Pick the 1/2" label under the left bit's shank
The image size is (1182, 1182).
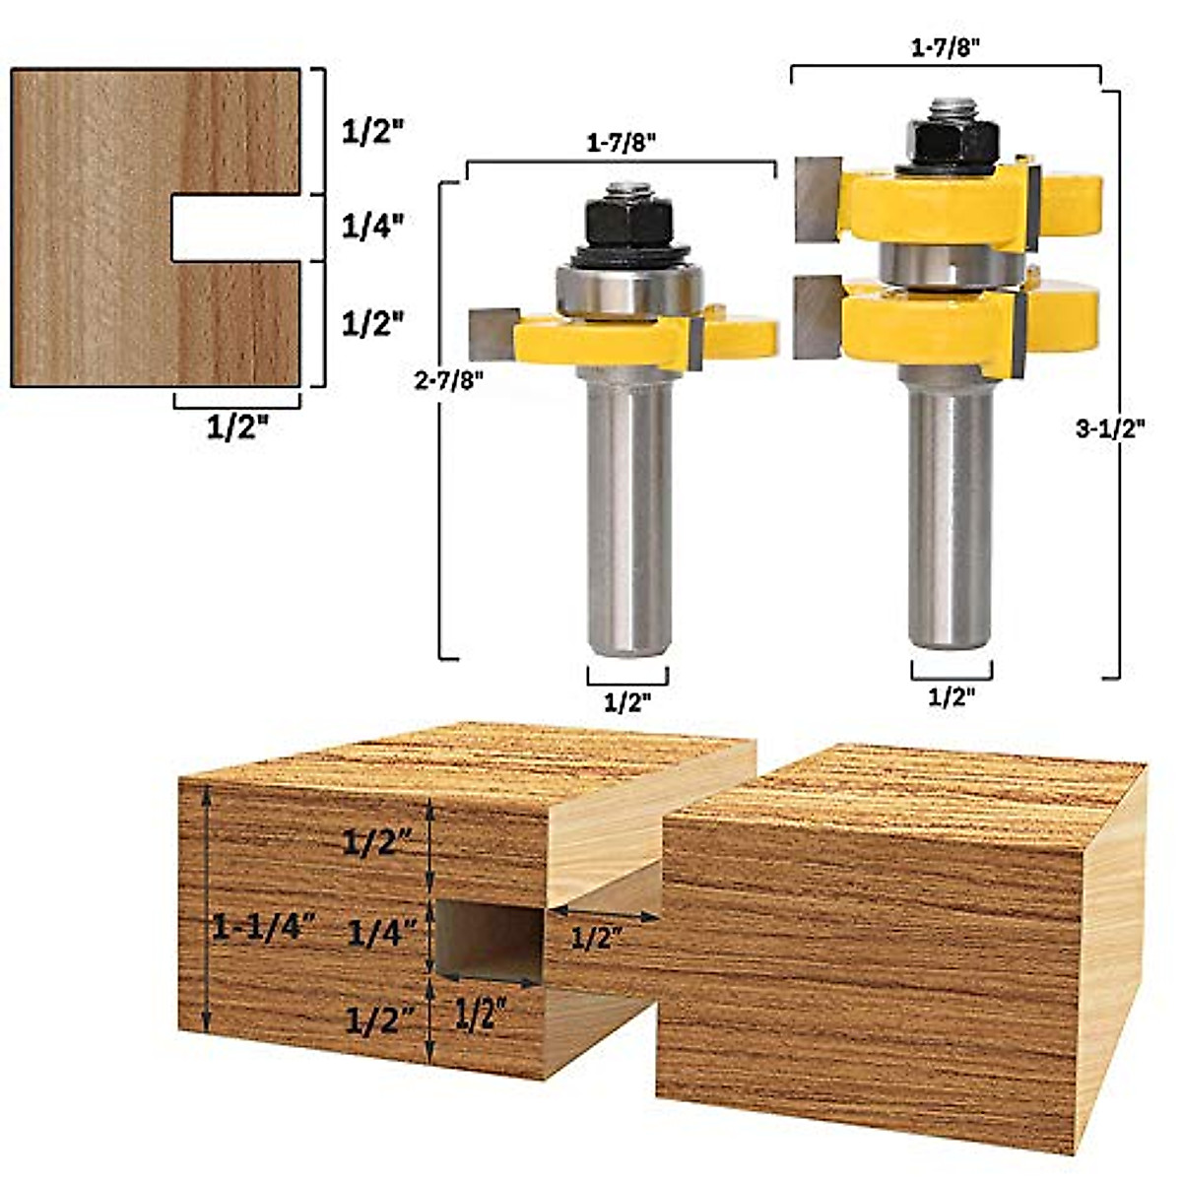point(627,702)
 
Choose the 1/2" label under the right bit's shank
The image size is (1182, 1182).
point(952,696)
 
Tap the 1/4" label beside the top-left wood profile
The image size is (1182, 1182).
point(373,227)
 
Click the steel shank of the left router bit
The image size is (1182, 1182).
point(629,512)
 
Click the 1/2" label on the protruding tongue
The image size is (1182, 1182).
point(598,938)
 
